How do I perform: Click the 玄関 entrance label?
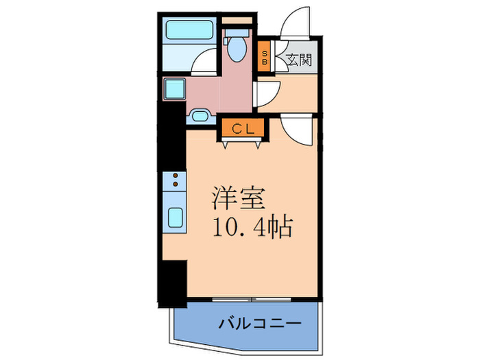[300, 60]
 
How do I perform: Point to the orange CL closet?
[241, 128]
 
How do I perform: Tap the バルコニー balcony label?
[261, 322]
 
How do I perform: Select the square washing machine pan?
[174, 90]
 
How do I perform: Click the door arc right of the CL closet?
[298, 130]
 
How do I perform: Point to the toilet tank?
[236, 31]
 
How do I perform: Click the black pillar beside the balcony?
[173, 281]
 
